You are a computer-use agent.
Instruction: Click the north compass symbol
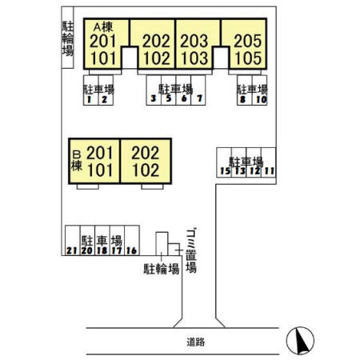coord(300,341)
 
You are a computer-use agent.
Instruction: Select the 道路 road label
coord(196,342)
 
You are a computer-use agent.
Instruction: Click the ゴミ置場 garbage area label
coord(191,250)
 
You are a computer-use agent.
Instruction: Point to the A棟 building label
coord(103,26)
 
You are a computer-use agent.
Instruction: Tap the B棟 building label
coord(77,161)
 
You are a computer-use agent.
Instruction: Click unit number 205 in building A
coord(248,41)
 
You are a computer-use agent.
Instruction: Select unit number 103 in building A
coord(194,58)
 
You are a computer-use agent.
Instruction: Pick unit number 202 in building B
coord(146,153)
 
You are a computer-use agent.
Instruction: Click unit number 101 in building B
coord(100,170)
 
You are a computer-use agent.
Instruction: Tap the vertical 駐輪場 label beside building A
coord(68,38)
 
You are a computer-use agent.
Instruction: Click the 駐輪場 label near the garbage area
coord(161,269)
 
